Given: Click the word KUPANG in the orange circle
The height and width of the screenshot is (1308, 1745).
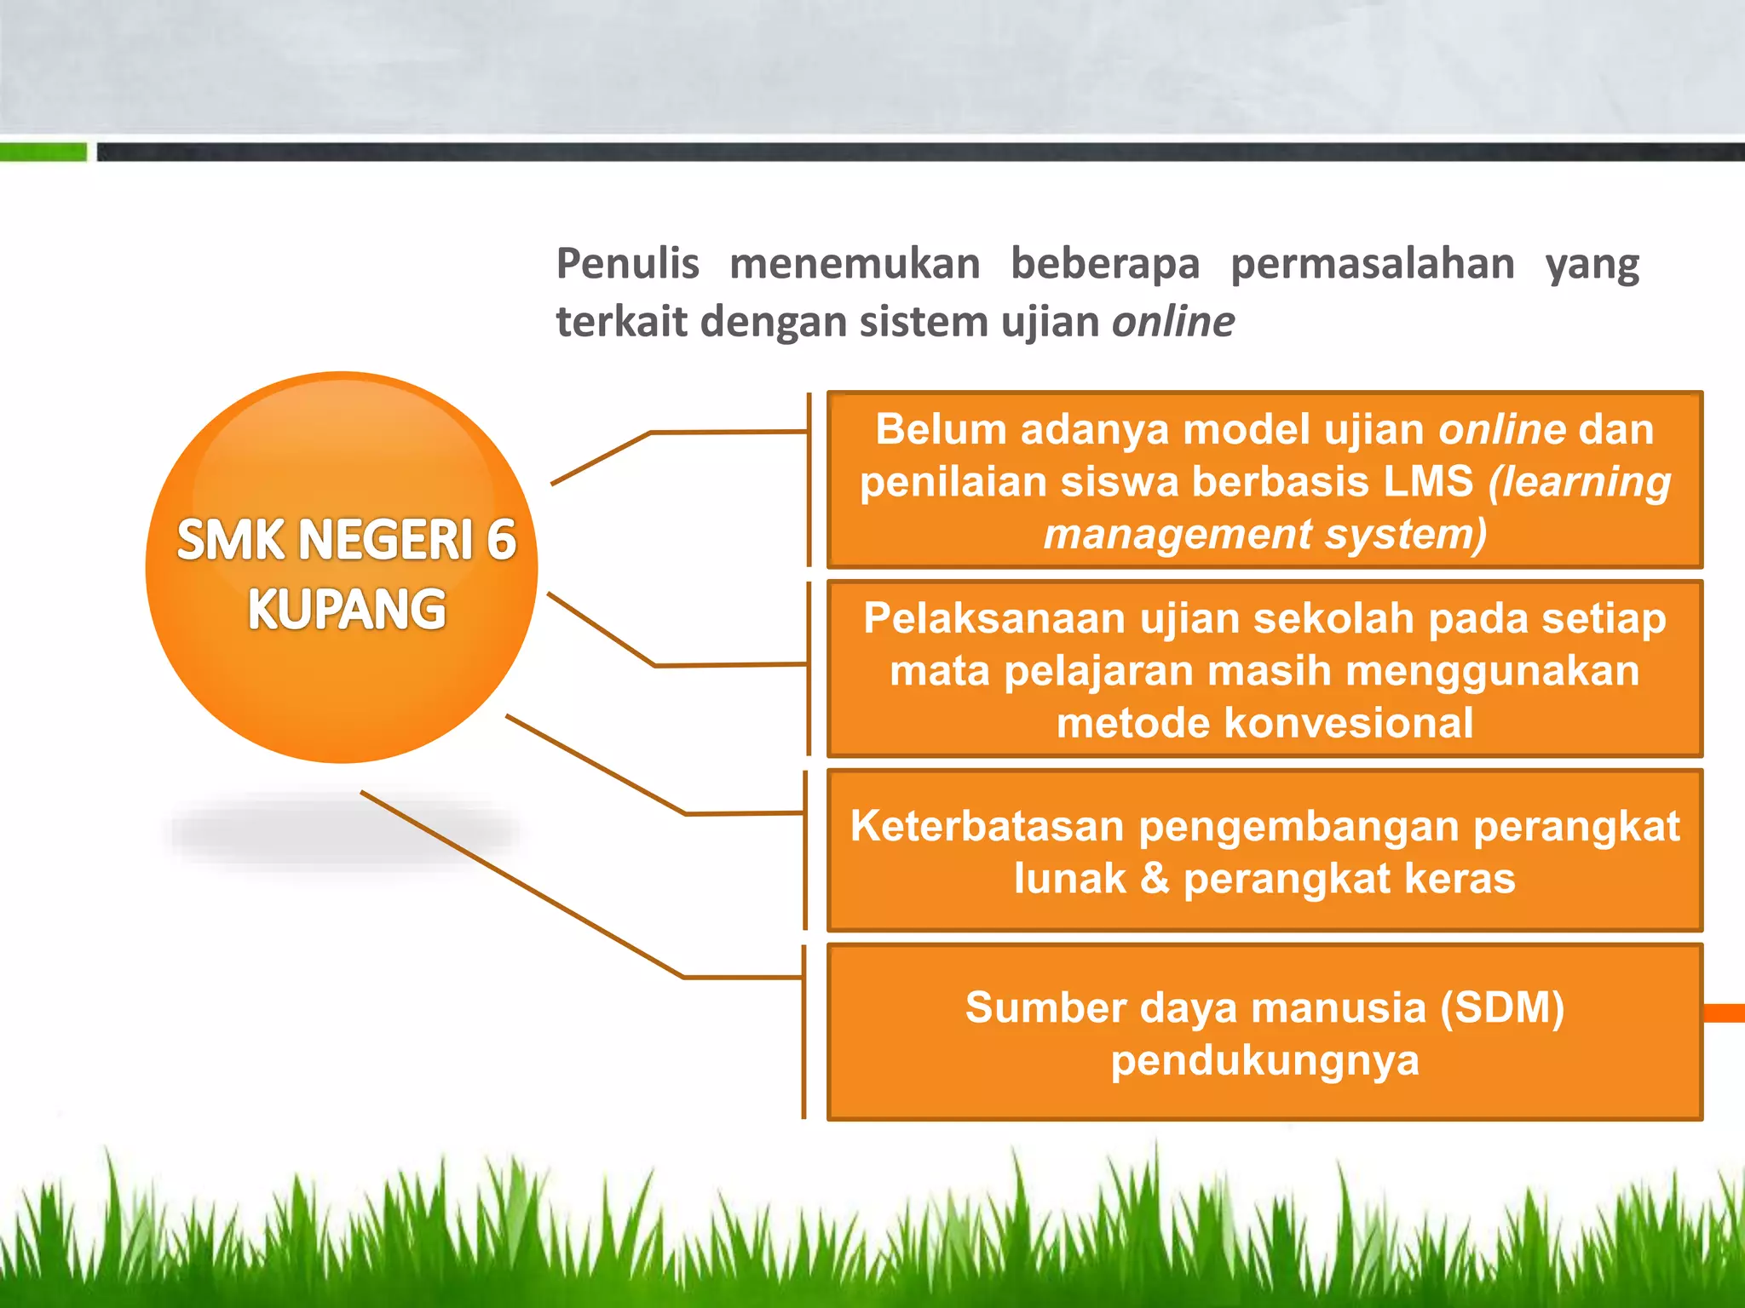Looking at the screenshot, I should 346,610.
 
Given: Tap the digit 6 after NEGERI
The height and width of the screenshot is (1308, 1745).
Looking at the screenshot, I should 501,540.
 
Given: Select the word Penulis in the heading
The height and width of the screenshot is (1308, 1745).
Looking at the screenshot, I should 627,263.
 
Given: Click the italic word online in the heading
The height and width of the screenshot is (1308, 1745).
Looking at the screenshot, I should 1172,322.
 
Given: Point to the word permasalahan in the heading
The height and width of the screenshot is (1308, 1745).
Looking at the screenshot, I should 1372,265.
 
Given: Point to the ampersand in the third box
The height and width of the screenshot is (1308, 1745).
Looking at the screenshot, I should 1155,878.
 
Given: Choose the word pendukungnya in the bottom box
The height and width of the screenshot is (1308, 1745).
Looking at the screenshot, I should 1264,1060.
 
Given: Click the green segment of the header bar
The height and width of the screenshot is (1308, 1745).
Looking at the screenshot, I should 43,152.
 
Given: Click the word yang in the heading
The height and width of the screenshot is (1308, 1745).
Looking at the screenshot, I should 1592,265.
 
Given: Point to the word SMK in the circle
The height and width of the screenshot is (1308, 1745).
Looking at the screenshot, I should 229,540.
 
